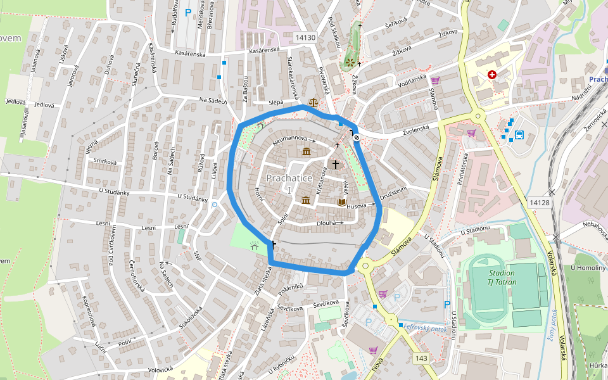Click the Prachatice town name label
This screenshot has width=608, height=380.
pyautogui.click(x=289, y=179)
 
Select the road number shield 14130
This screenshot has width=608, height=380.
pyautogui.click(x=305, y=38)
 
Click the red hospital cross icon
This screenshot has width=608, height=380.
pyautogui.click(x=492, y=75)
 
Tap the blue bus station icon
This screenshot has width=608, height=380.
pyautogui.click(x=519, y=134)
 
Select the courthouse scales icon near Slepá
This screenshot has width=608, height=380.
pyautogui.click(x=313, y=101)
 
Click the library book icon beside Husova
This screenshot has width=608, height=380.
pyautogui.click(x=342, y=203)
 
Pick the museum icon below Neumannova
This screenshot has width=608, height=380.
pyautogui.click(x=307, y=152)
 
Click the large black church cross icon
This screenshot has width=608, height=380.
pyautogui.click(x=335, y=164)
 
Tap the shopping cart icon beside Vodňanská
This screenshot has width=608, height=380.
pyautogui.click(x=435, y=80)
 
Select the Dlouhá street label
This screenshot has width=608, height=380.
pyautogui.click(x=327, y=223)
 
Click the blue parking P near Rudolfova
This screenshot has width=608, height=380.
pyautogui.click(x=187, y=12)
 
